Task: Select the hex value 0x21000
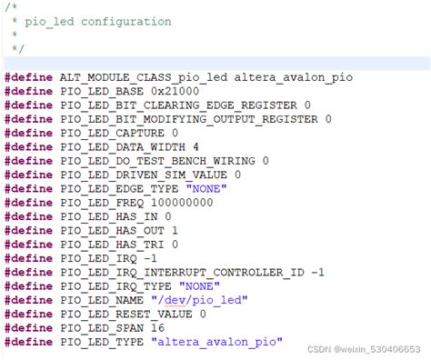pos(174,92)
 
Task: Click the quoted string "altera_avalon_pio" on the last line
pos(217,340)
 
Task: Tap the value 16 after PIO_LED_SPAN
pos(158,326)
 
